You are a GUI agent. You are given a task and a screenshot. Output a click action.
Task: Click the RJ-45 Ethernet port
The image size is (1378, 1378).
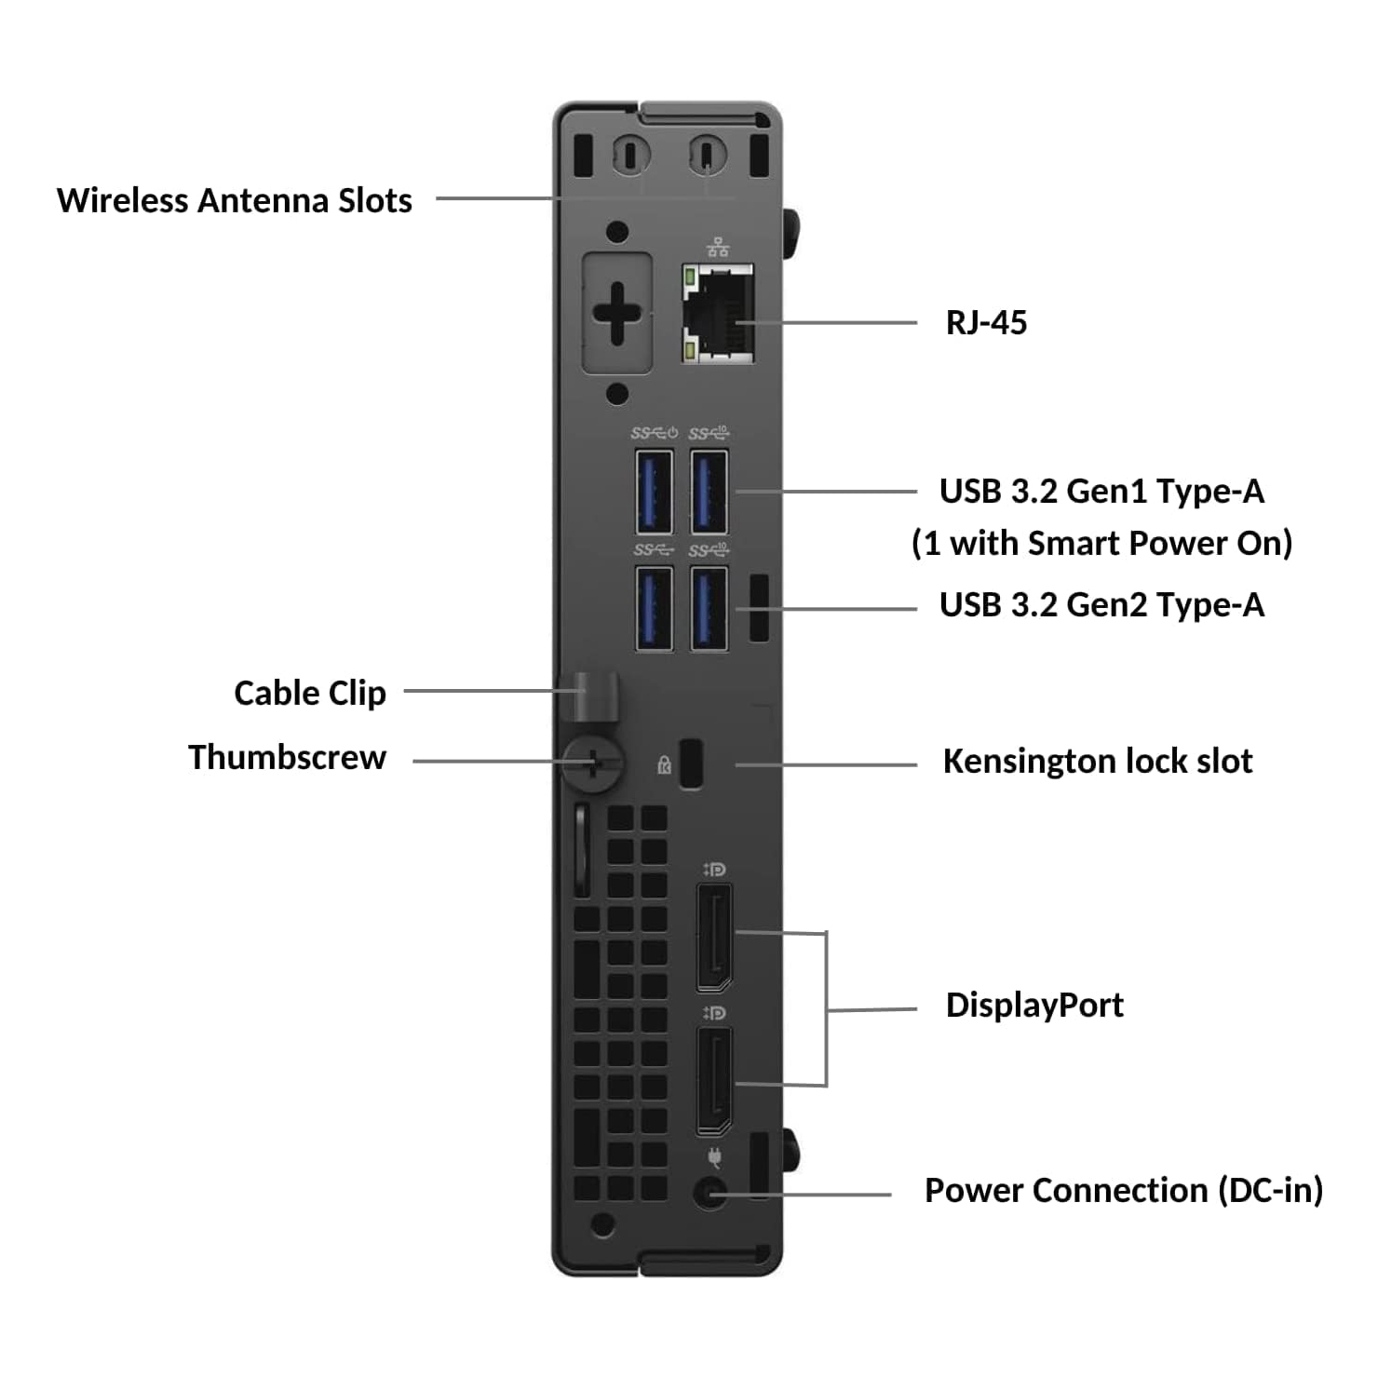pos(718,314)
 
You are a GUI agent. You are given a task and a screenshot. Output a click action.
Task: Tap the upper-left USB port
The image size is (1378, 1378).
pos(654,491)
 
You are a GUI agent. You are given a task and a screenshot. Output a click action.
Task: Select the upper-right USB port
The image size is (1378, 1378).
pos(709,491)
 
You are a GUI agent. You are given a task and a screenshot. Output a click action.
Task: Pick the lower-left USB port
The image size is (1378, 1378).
pos(654,608)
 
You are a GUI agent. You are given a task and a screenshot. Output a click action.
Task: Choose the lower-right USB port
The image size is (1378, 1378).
pos(709,608)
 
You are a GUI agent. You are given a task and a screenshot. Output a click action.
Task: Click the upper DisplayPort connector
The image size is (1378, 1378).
pos(714,938)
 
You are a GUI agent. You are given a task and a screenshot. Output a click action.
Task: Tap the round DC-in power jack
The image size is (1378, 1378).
pos(711,1193)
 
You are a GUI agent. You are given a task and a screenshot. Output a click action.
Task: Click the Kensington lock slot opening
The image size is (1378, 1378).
pos(691,763)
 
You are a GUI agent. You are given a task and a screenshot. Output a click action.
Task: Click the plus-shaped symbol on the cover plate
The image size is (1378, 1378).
pos(616,313)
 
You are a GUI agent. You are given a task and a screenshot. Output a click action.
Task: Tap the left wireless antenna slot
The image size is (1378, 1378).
pos(630,155)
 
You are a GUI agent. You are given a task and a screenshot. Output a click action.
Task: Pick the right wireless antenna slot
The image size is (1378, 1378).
pos(707,155)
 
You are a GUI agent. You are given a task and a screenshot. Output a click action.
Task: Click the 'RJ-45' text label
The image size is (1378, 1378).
pos(986,323)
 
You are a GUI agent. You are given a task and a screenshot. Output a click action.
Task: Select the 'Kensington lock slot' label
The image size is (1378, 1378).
pos(1097,762)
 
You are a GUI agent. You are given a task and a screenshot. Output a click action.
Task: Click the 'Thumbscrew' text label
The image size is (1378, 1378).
pos(287,758)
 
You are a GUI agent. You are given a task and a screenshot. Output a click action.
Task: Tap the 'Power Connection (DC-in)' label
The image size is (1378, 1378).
pos(1123,1191)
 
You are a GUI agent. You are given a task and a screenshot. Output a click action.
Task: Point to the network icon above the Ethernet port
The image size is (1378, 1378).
pos(718,248)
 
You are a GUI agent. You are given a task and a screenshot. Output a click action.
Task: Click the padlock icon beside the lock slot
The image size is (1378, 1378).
pos(664,765)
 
